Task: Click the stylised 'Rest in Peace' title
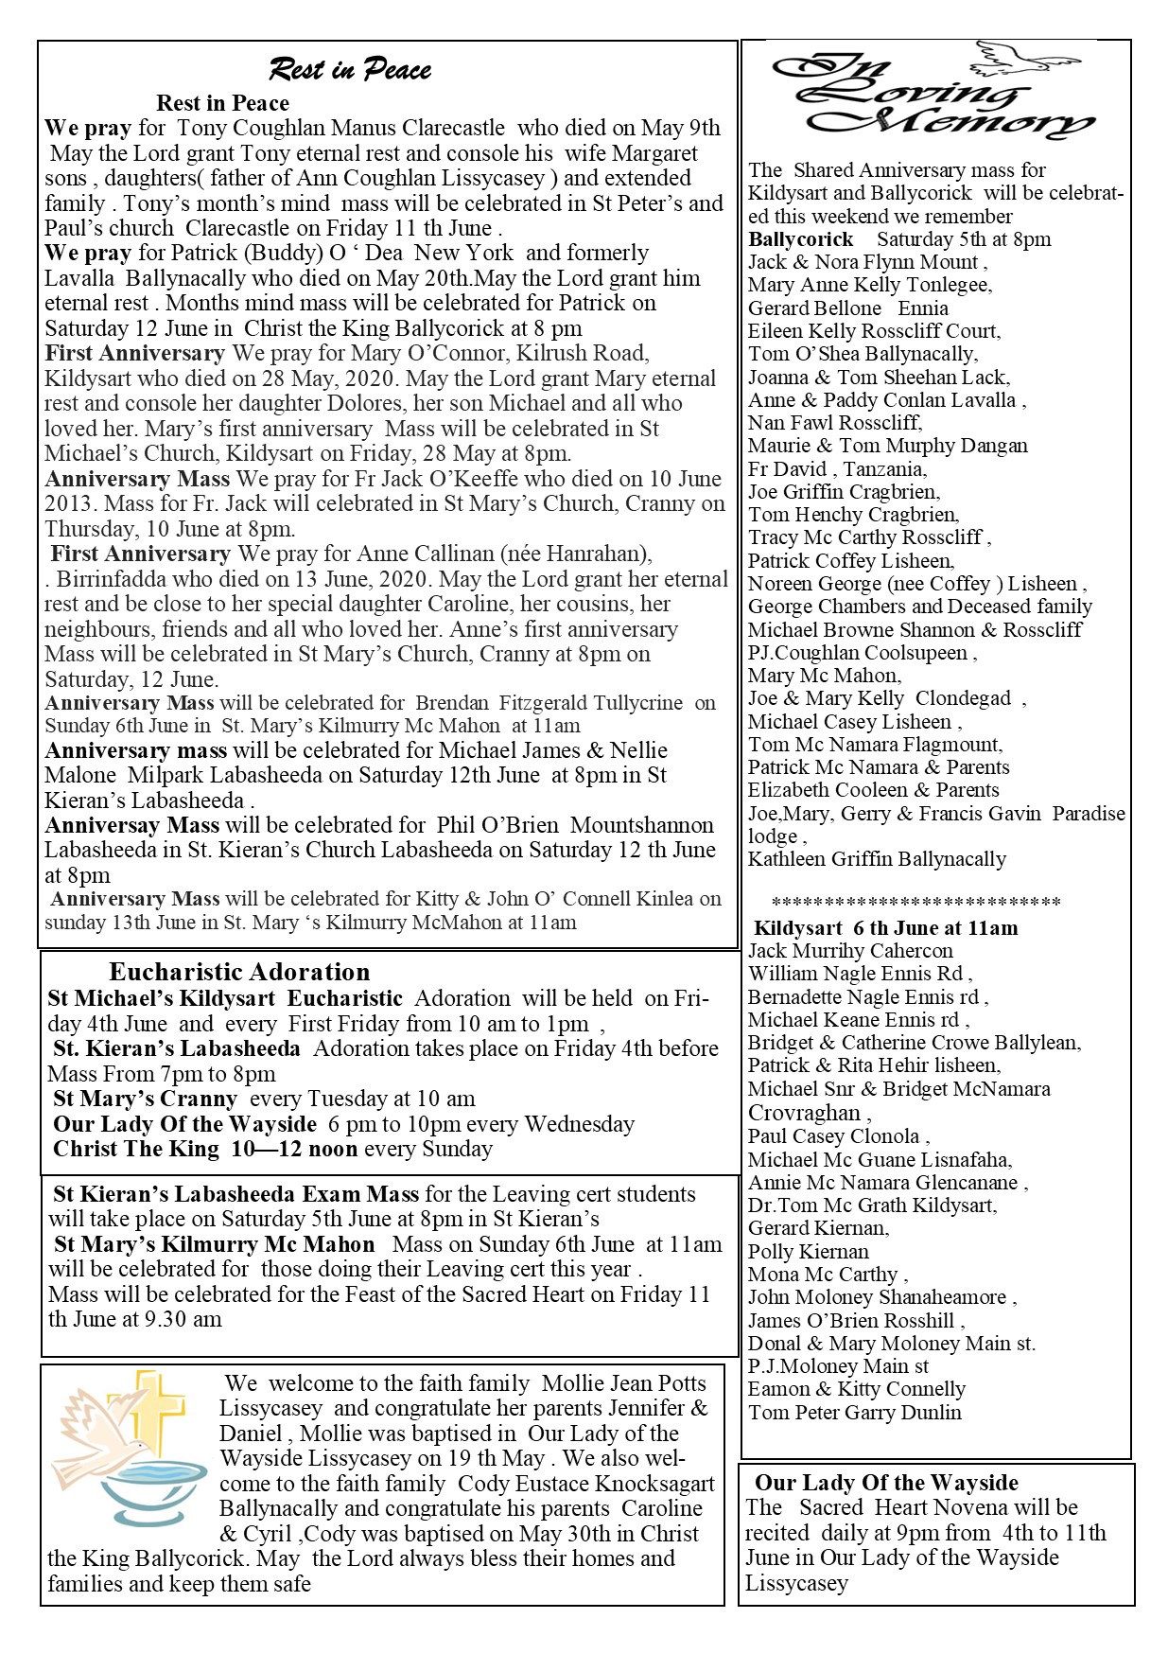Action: [x=350, y=69]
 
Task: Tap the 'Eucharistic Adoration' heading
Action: [x=239, y=972]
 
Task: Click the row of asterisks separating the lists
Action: [x=915, y=903]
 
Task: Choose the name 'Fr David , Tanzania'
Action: [x=837, y=468]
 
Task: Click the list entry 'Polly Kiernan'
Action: [x=808, y=1251]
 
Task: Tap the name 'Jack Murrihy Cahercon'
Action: [x=850, y=951]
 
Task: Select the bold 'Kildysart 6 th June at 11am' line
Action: [x=886, y=928]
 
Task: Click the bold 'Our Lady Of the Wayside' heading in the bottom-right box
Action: [x=886, y=1483]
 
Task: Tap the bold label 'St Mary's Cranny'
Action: [x=145, y=1099]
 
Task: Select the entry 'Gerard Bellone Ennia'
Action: [x=847, y=308]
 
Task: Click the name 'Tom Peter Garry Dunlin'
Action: [x=854, y=1413]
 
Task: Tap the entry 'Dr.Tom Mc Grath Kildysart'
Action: [x=872, y=1205]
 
